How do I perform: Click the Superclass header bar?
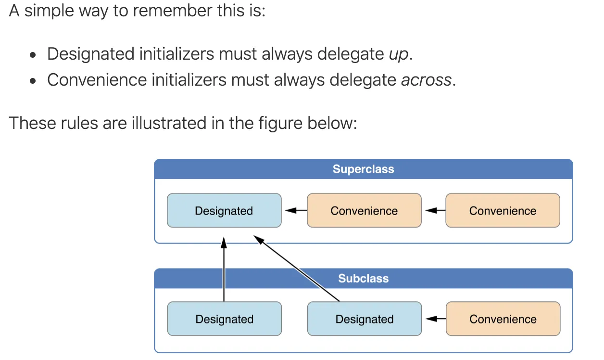(x=363, y=169)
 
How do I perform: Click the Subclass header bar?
(x=363, y=279)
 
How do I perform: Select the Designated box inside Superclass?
(x=224, y=211)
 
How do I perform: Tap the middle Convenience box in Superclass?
(x=364, y=211)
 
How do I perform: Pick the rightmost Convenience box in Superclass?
(x=503, y=211)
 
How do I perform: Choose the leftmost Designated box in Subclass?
(x=224, y=319)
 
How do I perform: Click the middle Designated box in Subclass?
(x=364, y=319)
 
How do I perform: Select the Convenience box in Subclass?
(x=503, y=319)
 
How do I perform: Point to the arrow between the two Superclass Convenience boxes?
(x=433, y=210)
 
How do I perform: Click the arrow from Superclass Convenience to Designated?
(x=294, y=210)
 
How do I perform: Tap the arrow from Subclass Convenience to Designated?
(x=433, y=319)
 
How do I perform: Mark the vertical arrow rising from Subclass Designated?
(x=224, y=270)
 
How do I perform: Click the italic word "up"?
(x=399, y=54)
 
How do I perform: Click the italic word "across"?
(x=426, y=80)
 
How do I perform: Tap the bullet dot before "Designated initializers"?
(x=33, y=55)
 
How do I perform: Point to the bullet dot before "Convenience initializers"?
(x=33, y=81)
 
